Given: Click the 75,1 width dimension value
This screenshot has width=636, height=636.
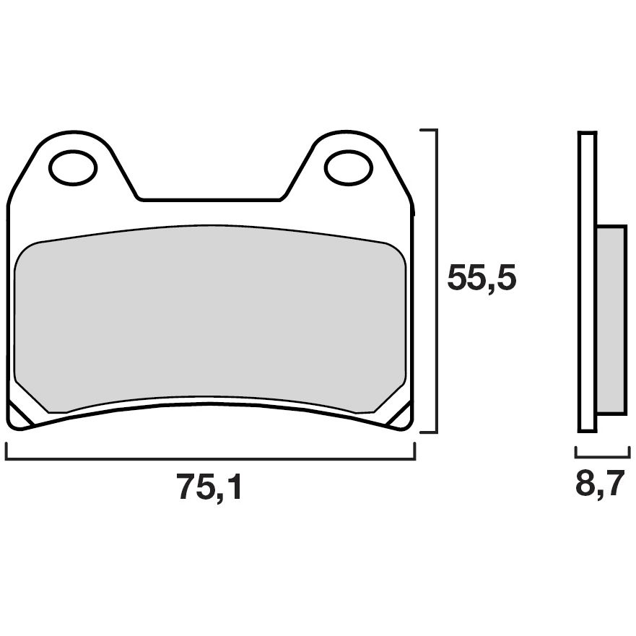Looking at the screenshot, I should pyautogui.click(x=210, y=489).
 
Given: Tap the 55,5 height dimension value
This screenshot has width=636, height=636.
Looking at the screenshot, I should pyautogui.click(x=482, y=278).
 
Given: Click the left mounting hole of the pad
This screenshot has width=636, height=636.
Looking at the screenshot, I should pyautogui.click(x=73, y=167).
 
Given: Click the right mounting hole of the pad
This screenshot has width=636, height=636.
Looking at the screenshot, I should pyautogui.click(x=348, y=167).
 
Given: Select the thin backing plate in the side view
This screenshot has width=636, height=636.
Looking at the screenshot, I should pyautogui.click(x=588, y=282).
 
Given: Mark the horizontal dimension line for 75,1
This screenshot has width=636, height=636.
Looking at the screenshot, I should pyautogui.click(x=210, y=458).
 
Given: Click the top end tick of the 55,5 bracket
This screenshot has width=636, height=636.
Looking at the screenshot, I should pyautogui.click(x=428, y=131).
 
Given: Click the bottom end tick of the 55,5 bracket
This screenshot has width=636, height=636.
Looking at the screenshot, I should pyautogui.click(x=428, y=432).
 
